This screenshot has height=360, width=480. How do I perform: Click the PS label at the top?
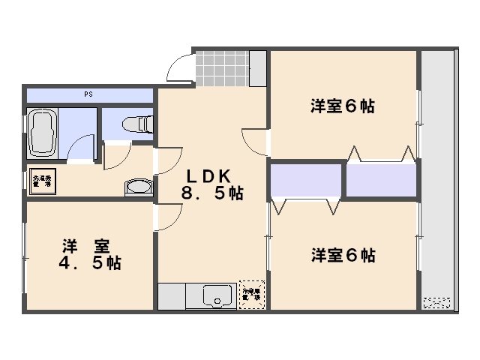(x=88, y=95)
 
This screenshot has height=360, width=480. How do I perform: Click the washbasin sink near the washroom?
(x=136, y=187)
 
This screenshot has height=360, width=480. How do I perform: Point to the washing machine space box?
(x=41, y=182)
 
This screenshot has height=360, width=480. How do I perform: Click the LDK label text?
(x=212, y=176)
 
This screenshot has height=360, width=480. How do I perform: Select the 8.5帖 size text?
(x=212, y=193)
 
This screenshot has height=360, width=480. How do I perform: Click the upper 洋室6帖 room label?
(x=343, y=106)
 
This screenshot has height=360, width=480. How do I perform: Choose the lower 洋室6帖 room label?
(x=343, y=256)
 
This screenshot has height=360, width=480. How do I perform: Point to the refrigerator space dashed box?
(x=250, y=295)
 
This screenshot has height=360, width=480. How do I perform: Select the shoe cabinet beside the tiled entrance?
(x=258, y=67)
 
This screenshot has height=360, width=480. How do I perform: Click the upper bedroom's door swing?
(x=255, y=141)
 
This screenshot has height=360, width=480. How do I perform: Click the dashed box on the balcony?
(x=436, y=303)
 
